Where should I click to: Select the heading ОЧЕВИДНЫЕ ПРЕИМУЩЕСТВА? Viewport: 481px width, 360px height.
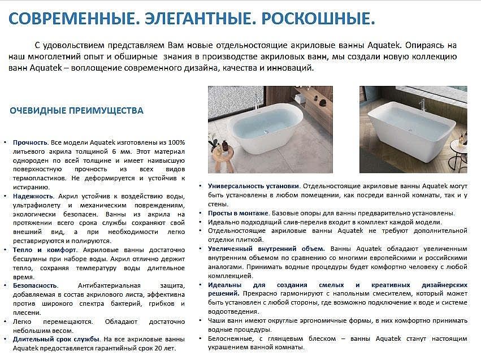point(76,111)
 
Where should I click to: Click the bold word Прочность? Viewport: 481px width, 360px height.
point(29,142)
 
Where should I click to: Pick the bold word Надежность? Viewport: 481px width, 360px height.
point(31,196)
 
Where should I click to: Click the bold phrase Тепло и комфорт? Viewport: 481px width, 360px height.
point(45,250)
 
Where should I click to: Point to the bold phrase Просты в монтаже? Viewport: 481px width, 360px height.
point(238,213)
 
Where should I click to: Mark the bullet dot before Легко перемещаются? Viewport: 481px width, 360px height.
point(5,322)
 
